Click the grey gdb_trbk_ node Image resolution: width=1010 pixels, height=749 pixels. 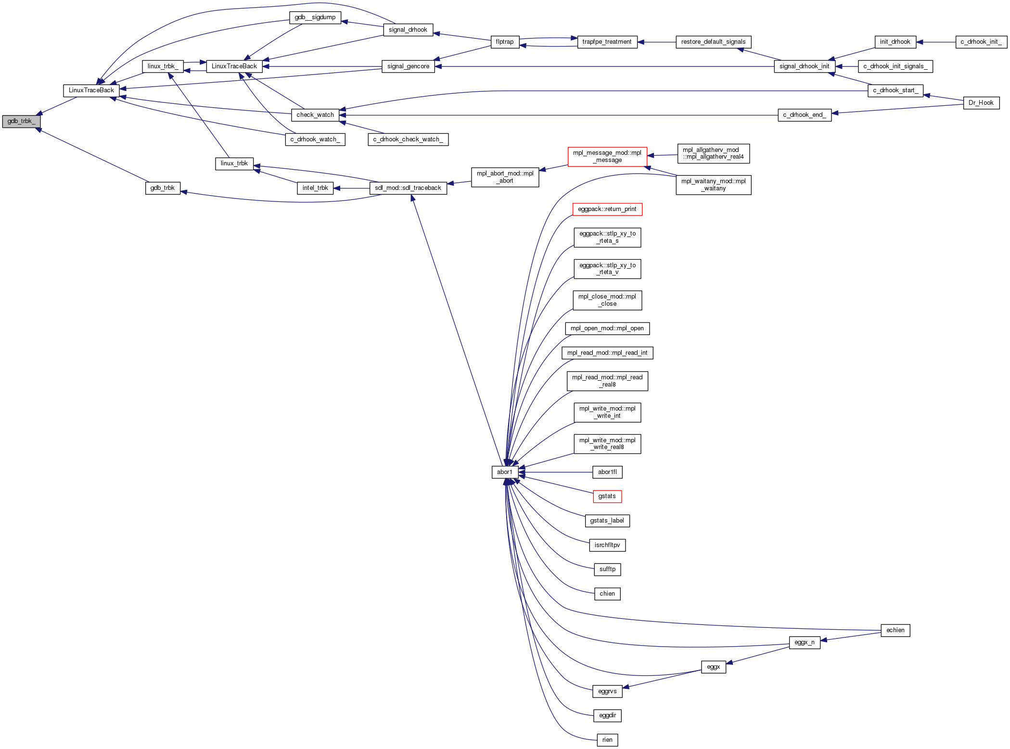coord(21,121)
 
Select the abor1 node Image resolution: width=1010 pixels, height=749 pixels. coord(505,472)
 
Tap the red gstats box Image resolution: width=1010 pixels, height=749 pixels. coord(607,496)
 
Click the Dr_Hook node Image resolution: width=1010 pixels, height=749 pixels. coord(981,103)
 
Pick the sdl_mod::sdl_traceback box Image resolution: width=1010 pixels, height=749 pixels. coord(408,188)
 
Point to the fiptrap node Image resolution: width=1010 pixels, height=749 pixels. coord(505,42)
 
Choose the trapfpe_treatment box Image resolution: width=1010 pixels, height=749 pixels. coord(607,42)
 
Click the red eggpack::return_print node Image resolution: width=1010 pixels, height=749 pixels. coord(607,209)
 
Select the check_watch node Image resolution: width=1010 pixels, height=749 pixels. coord(315,115)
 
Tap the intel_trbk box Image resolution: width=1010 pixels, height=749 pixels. coord(315,188)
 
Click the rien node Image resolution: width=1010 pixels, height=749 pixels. coord(607,740)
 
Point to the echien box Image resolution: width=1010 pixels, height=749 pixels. coord(895,630)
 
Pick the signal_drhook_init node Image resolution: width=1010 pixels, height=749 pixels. coord(805,66)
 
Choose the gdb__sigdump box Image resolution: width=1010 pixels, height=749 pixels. coord(315,17)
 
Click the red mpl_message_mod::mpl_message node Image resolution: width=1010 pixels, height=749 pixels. coord(607,157)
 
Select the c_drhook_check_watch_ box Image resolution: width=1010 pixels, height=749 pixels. coord(408,139)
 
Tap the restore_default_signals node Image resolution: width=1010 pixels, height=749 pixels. coord(713,42)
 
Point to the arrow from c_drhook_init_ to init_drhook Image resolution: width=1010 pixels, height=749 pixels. coord(936,42)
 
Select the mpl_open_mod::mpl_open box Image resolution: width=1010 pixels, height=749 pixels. coord(607,328)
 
